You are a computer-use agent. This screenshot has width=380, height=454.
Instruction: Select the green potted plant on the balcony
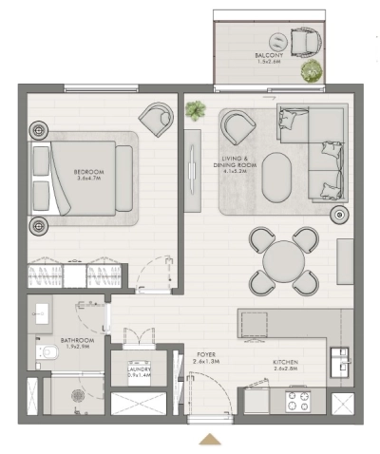(310, 70)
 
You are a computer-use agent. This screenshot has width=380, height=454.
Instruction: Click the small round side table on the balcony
(275, 40)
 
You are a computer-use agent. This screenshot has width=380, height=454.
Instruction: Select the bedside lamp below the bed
(39, 225)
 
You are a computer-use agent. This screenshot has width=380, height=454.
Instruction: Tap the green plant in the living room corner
(196, 111)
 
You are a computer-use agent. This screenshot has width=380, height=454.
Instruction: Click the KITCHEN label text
(286, 365)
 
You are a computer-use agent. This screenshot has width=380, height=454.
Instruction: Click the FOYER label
(205, 357)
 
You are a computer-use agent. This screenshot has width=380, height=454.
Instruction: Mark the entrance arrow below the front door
(211, 438)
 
